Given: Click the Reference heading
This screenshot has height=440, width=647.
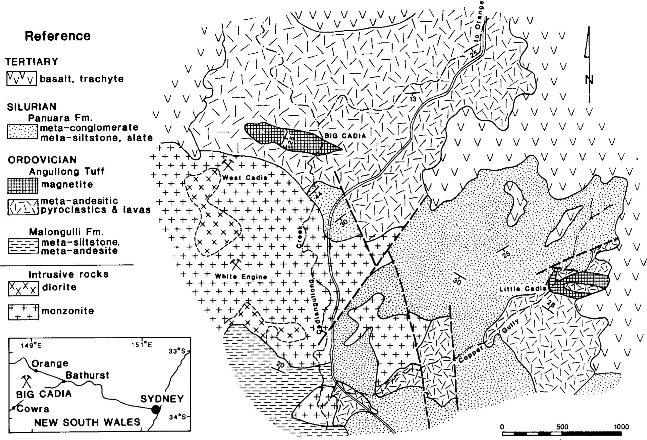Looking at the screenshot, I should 58,36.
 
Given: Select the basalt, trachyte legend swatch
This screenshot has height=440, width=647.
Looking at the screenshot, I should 21,79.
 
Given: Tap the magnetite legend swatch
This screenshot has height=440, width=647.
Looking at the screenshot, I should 22,185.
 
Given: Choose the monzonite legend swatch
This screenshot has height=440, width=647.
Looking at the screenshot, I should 23,311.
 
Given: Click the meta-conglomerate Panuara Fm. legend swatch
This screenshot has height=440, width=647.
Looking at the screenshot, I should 22,132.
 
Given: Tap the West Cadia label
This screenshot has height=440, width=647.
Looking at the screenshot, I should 244,177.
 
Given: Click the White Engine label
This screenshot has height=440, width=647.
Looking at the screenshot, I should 241,276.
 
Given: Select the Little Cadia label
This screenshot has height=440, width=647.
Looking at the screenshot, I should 522,289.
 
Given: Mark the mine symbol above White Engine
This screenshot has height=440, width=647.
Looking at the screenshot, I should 235,264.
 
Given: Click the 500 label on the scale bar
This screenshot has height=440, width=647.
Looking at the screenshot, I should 562,426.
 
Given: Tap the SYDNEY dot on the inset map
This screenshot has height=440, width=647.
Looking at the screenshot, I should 155,409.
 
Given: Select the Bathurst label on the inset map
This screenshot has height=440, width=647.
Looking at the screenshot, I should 87,375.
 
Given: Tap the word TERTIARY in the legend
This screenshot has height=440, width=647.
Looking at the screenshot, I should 32,62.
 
